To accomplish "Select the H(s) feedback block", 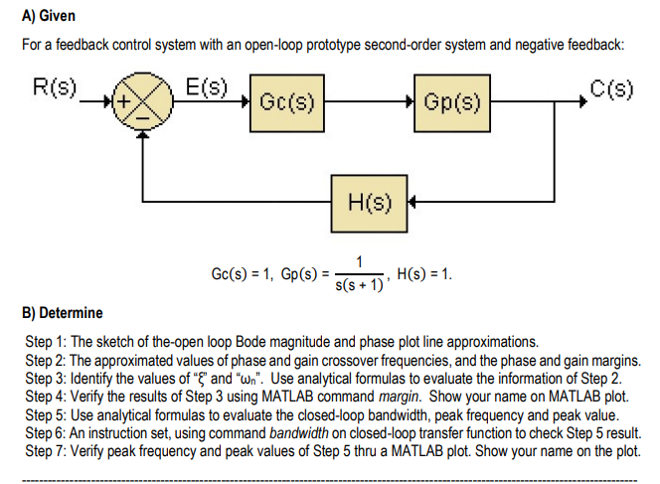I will [369, 207].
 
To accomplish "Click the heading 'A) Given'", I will [49, 17].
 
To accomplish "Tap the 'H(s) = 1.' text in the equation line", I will [424, 272].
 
